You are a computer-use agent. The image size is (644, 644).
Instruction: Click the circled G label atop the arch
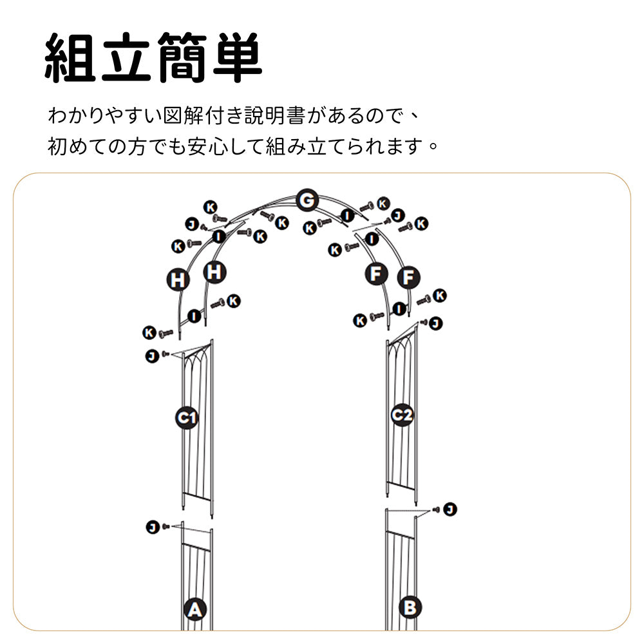click(x=307, y=200)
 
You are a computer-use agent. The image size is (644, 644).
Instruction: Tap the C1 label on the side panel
click(x=187, y=418)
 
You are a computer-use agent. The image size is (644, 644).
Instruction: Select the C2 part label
click(x=402, y=415)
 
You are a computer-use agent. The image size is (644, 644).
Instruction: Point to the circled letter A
click(x=194, y=609)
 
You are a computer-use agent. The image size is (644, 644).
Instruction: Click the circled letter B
click(x=410, y=607)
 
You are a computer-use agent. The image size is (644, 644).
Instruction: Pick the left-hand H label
click(x=178, y=280)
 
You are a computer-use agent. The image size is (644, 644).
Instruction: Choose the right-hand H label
click(x=215, y=272)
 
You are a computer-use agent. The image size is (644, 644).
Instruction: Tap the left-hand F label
click(x=376, y=274)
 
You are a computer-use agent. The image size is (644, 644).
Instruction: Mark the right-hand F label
click(x=409, y=277)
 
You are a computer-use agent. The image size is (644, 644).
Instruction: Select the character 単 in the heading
click(x=238, y=58)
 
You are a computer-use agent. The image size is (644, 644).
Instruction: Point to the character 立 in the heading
click(x=126, y=58)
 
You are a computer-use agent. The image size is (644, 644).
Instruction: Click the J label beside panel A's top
click(x=153, y=527)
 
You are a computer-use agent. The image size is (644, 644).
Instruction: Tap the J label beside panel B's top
click(x=450, y=509)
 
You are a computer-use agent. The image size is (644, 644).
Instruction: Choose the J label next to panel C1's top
click(x=152, y=355)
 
